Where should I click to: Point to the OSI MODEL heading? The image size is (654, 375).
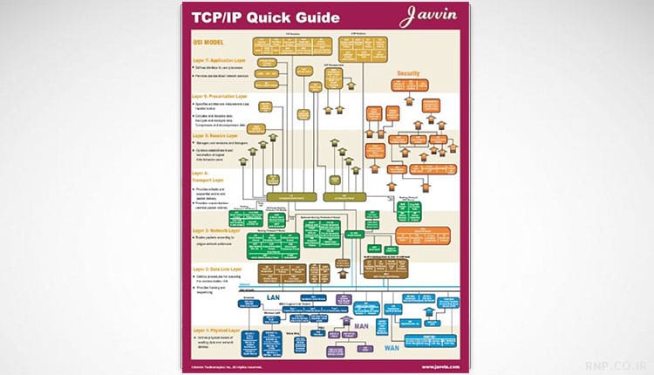(210, 42)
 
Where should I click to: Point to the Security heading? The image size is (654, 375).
(410, 73)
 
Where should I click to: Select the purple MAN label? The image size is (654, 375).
(363, 326)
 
